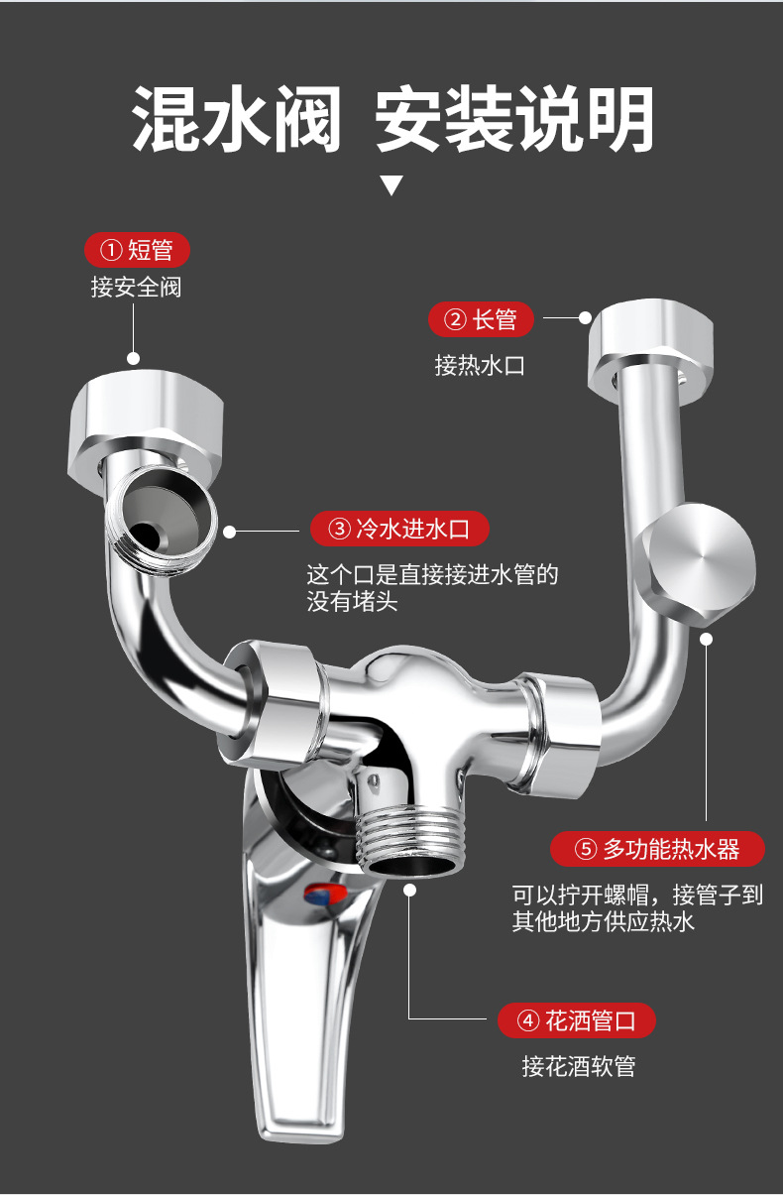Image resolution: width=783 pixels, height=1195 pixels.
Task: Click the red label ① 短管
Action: coord(137,250)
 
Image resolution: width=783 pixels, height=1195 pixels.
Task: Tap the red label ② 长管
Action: coord(481,319)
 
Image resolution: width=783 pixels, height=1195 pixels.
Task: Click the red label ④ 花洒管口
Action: coord(576,1019)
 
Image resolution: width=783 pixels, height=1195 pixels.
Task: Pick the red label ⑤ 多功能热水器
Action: coord(658,849)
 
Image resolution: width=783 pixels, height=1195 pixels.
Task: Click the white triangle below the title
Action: coord(392,184)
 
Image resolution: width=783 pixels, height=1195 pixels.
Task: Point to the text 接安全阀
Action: coord(136,289)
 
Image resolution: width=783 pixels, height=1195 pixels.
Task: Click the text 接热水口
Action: coord(479,365)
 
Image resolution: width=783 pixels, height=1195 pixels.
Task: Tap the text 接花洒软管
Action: coord(578,1066)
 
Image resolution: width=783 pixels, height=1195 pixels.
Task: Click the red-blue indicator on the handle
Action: coord(324,896)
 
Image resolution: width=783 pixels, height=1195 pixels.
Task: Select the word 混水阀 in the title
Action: coord(237,118)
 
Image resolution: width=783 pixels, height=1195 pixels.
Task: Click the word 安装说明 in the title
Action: coord(514,118)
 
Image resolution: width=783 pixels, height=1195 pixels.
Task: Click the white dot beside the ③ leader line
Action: coord(230,532)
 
